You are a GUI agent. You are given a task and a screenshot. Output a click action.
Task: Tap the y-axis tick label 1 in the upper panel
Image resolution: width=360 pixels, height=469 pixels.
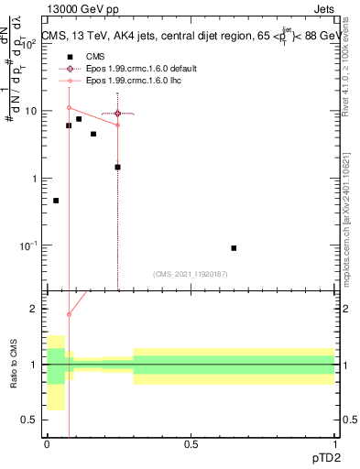tap(35, 179)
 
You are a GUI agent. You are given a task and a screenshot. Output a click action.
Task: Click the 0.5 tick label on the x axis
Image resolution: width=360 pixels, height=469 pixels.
tap(191, 444)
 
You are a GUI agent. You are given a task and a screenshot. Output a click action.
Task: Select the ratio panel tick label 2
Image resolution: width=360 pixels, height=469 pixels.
tap(35, 309)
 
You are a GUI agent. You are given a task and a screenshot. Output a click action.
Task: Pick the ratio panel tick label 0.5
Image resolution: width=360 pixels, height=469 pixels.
tap(29, 420)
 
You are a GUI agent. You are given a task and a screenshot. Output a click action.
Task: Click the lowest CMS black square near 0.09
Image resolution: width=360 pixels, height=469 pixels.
tap(234, 248)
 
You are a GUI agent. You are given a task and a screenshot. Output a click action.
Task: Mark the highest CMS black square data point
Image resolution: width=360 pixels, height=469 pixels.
tap(79, 119)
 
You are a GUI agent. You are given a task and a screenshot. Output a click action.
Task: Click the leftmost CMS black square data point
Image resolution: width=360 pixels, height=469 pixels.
tap(56, 201)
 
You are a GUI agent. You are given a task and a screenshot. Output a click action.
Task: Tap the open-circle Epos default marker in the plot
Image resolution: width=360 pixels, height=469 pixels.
tap(117, 114)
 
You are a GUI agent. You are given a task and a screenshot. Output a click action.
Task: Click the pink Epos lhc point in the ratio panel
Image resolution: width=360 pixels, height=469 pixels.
tap(69, 314)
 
